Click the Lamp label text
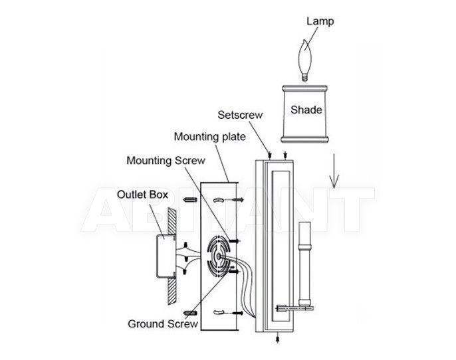coord(320,21)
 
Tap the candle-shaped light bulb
coord(305,60)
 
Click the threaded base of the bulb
coord(304,78)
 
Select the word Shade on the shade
coord(306,110)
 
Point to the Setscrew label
coord(240,115)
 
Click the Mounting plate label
coord(209,137)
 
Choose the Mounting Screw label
coord(166,160)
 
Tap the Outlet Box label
coord(142,195)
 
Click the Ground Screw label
coord(163,323)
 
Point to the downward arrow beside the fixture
coord(334,171)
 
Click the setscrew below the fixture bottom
coord(278,338)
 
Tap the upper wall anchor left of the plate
coord(190,200)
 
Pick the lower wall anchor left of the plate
coord(190,313)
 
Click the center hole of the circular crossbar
coord(218,256)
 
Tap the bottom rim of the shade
coord(304,139)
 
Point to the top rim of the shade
coord(304,88)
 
